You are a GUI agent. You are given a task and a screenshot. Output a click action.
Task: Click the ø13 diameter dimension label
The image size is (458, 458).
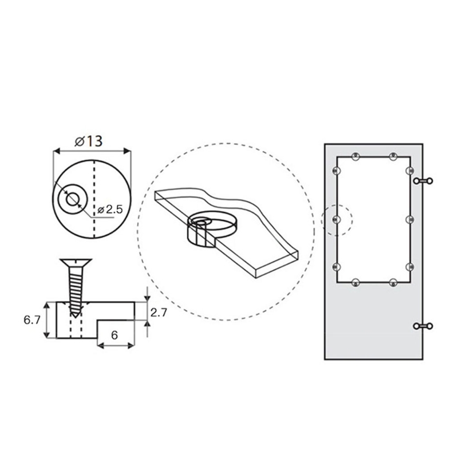click(89, 141)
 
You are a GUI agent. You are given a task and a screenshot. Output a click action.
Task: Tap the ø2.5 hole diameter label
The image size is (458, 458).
click(110, 210)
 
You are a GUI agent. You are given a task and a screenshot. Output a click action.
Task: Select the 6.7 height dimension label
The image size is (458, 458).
click(32, 320)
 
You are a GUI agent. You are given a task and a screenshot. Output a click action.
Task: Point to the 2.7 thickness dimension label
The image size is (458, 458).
click(159, 313)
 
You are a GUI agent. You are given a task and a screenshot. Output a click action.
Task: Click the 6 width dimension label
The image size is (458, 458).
click(114, 335)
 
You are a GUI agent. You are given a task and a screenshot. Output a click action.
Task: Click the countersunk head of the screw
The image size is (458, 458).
click(76, 263)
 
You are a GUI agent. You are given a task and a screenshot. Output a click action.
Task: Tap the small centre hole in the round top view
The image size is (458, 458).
click(72, 199)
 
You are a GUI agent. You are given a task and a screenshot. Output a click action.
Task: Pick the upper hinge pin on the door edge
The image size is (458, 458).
click(423, 181)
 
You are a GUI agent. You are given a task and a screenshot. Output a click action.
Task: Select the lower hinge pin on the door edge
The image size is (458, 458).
click(423, 326)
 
